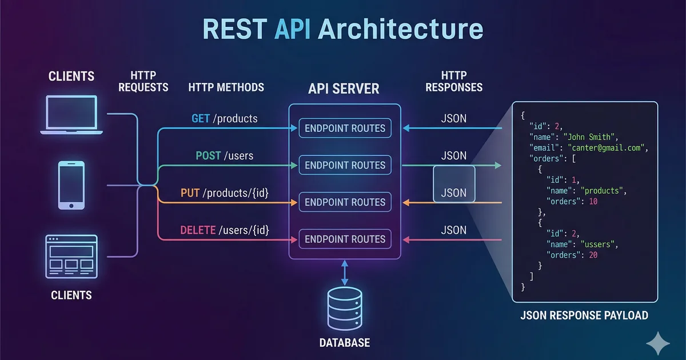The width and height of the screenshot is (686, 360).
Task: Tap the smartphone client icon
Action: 71,185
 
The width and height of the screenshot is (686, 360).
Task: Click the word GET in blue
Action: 201,119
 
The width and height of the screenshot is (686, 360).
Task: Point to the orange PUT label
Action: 189,193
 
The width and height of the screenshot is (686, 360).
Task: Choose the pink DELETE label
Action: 198,230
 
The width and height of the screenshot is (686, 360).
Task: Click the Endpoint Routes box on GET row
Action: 345,129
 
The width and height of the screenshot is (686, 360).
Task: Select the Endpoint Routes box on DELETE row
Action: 345,239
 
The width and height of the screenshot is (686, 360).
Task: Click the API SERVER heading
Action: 344,89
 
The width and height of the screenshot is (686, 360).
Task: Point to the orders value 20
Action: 593,255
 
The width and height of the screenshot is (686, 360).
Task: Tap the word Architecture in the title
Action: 401,29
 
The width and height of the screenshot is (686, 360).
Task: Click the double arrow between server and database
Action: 344,273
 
